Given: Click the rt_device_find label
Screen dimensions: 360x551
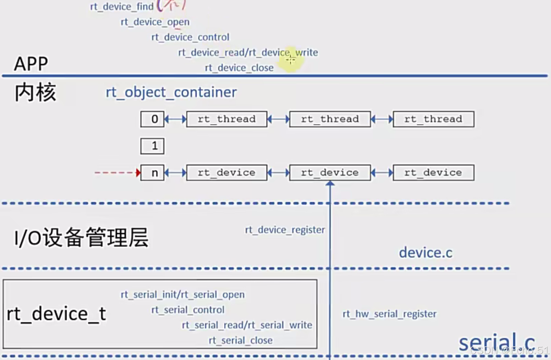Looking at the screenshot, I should click(122, 7).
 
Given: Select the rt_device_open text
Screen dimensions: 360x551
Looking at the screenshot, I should click(155, 22).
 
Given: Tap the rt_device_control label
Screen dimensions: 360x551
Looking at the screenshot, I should click(190, 37).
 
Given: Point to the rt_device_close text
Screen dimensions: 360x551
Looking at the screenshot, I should click(239, 68).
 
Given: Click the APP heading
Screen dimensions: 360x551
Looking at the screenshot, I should click(31, 64).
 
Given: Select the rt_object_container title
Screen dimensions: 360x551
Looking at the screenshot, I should click(171, 92).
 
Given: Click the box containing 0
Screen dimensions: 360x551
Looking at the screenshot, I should click(152, 119).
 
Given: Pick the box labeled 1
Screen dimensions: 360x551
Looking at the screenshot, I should click(152, 146).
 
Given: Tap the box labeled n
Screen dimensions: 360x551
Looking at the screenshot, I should click(152, 172).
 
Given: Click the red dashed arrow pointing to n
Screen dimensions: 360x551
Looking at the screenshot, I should click(117, 172).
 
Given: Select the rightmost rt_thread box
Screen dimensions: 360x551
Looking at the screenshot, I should click(433, 119).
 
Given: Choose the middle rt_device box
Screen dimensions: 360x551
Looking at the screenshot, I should click(330, 172).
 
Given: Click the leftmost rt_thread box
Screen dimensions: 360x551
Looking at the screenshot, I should click(227, 119).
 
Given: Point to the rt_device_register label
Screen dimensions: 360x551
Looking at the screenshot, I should click(285, 229).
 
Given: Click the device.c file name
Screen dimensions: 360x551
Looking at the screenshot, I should click(426, 253).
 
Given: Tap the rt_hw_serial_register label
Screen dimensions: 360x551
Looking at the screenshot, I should click(389, 314).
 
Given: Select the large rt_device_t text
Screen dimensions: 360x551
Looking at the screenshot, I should click(56, 314).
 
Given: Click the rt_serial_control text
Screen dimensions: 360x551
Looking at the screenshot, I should click(188, 310).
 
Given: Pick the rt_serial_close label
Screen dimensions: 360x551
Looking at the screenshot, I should click(240, 340).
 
